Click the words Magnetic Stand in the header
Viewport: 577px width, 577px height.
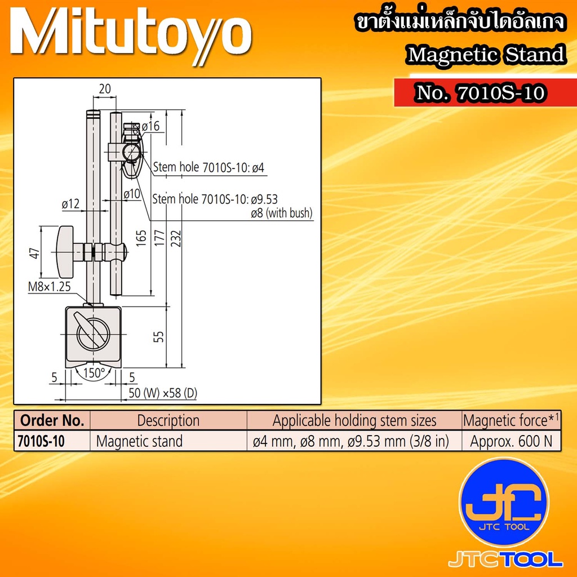point(485,55)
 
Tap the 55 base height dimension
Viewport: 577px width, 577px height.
point(159,336)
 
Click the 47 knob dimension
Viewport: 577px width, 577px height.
point(35,254)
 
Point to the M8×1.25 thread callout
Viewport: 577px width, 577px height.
point(50,287)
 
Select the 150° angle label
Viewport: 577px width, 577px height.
point(95,372)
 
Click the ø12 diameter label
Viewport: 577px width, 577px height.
point(70,203)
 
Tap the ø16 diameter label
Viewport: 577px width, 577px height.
point(151,127)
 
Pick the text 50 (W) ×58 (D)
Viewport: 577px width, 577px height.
point(163,393)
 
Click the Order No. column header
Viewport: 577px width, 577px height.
point(52,420)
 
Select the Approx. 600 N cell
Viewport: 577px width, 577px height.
point(512,441)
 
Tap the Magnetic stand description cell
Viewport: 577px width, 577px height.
point(139,441)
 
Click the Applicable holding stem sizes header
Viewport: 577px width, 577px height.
point(354,420)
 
